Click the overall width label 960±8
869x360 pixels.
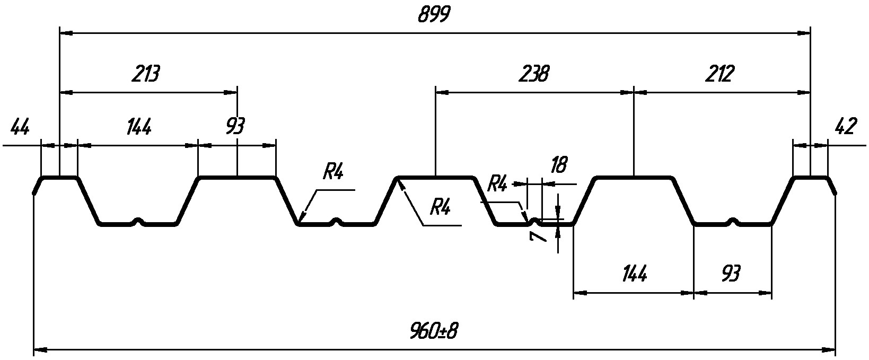[434, 332]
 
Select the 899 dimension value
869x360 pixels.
[434, 15]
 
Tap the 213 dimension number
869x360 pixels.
[145, 74]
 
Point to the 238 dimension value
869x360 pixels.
[534, 74]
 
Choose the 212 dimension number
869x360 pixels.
[719, 74]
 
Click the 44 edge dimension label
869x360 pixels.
[20, 128]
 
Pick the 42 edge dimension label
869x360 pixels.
[845, 128]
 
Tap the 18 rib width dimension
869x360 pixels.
[558, 165]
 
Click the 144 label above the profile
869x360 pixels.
[139, 128]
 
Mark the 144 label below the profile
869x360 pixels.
[634, 274]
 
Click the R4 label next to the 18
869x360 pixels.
[497, 184]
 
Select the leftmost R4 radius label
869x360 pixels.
[333, 172]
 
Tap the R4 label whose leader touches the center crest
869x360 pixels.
[440, 207]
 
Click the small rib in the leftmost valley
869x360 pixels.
[138, 221]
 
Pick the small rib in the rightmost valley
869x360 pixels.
[733, 221]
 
